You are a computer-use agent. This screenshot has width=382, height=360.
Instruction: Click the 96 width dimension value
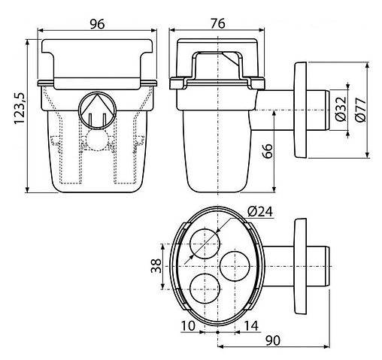[x=97, y=24]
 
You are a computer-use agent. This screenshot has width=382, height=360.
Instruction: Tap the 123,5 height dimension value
[x=20, y=108]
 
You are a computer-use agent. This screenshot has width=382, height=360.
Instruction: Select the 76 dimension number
[x=217, y=23]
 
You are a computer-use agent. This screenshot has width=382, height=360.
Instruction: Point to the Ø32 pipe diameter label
[x=341, y=109]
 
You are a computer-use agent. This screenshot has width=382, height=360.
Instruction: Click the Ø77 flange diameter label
[x=360, y=110]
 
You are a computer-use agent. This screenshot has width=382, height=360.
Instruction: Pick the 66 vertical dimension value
[x=268, y=151]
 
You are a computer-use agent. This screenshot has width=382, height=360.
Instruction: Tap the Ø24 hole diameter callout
[x=260, y=212]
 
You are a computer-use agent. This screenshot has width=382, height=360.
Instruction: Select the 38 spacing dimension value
[x=156, y=266]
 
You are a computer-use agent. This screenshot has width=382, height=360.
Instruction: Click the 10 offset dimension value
[x=188, y=325]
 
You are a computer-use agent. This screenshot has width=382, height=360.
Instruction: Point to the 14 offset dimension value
[x=251, y=325]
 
